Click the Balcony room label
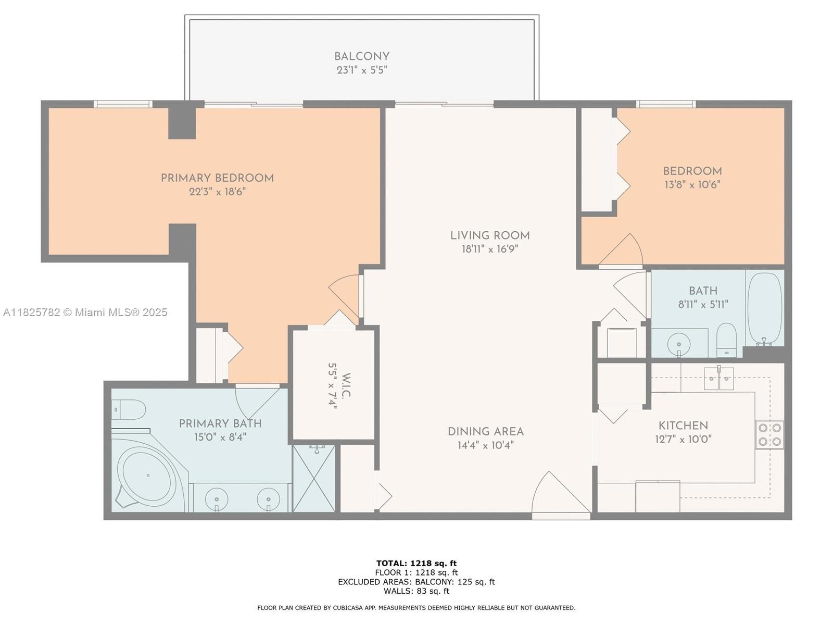point(362,56)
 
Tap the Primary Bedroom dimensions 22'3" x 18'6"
point(217,192)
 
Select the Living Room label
point(490,235)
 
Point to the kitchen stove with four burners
point(769,435)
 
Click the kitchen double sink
point(718,379)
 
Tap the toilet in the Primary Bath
point(128,409)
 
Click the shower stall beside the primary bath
point(313,478)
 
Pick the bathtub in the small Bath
point(764,309)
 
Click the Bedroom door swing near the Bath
point(622,251)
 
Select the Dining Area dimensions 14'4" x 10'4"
point(486,445)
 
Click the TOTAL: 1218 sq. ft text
point(416,563)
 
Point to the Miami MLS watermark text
point(85,312)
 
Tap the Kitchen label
point(683,426)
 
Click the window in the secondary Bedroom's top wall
point(665,104)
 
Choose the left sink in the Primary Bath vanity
point(217,499)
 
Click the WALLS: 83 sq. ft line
point(416,591)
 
